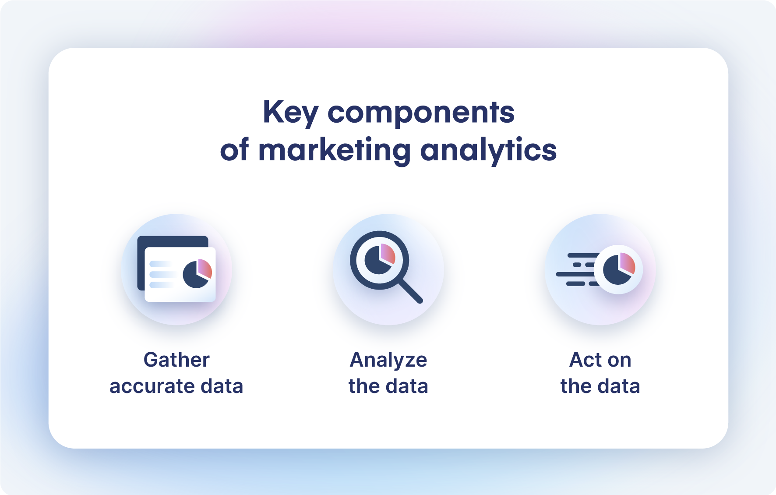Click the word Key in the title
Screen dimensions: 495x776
click(290, 113)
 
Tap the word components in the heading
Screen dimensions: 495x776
click(421, 113)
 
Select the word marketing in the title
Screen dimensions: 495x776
click(335, 150)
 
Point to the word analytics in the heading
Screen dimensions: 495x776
click(488, 150)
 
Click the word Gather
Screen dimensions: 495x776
click(176, 360)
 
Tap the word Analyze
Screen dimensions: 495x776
click(388, 360)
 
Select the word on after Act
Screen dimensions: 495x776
click(619, 360)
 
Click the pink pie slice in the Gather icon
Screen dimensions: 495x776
click(205, 268)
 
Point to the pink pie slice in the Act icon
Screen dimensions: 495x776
click(628, 263)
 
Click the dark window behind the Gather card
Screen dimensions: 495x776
click(173, 241)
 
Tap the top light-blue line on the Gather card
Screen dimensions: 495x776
click(160, 264)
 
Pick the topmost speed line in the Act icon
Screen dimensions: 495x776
click(583, 255)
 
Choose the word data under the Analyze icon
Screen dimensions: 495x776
click(407, 386)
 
